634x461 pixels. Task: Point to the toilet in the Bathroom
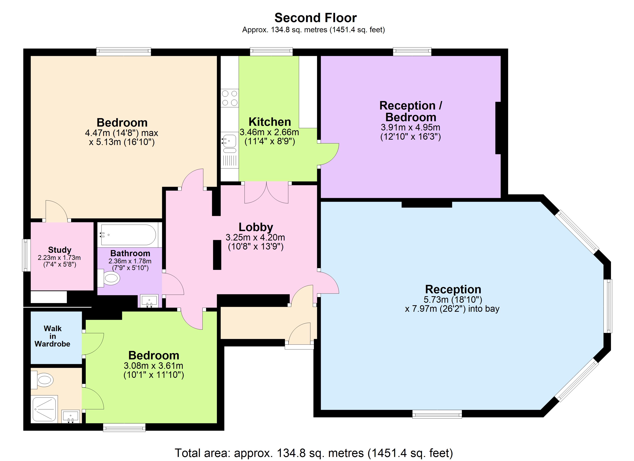point(110,278)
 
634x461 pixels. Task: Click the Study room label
point(60,250)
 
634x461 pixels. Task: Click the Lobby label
point(256,227)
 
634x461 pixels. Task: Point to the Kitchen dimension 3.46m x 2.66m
point(269,132)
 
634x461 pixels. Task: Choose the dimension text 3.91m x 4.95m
point(410,128)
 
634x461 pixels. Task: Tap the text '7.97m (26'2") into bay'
point(452,309)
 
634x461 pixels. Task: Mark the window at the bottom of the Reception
point(437,414)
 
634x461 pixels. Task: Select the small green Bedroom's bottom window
point(124,427)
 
